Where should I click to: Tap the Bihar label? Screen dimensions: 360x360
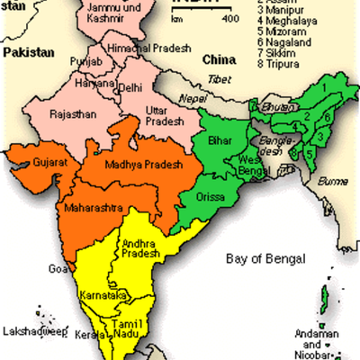220,141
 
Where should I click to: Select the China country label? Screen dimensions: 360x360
219,59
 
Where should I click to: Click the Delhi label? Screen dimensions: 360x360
130,88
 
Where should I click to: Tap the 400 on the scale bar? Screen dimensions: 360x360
229,18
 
